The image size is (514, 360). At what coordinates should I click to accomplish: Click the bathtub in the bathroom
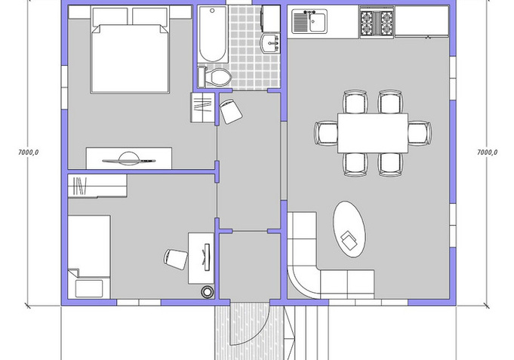click(212, 34)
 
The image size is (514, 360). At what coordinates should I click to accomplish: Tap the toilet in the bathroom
click(215, 77)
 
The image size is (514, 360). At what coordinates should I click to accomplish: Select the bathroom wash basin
click(270, 43)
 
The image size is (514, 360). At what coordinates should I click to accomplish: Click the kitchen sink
click(309, 22)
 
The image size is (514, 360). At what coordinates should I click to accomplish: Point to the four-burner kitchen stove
click(377, 23)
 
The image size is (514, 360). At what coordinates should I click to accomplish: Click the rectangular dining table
click(373, 133)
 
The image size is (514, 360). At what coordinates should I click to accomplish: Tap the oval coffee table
click(349, 229)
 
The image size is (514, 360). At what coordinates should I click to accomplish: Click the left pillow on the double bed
click(110, 17)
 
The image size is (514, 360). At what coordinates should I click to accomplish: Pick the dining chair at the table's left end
click(326, 133)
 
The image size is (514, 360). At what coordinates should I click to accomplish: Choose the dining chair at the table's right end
click(420, 133)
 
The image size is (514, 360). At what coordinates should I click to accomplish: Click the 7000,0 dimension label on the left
click(28, 152)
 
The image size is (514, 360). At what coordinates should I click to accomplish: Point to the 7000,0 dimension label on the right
click(487, 152)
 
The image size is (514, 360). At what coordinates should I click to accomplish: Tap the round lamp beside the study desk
click(207, 291)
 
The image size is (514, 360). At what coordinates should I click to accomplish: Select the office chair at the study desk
click(175, 259)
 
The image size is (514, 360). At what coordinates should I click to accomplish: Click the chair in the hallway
click(231, 112)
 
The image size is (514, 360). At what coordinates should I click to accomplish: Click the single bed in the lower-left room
click(89, 257)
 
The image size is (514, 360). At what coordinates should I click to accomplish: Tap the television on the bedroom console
click(129, 160)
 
